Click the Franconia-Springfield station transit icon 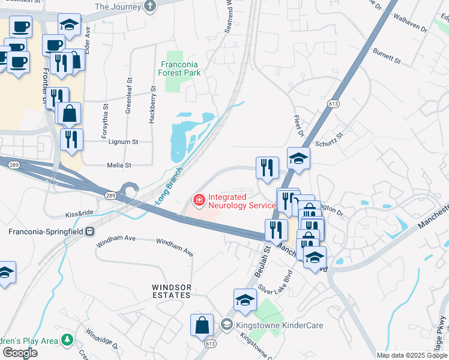[89, 230]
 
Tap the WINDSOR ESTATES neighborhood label [171, 291]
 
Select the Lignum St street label [123, 142]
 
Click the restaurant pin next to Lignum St [71, 139]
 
